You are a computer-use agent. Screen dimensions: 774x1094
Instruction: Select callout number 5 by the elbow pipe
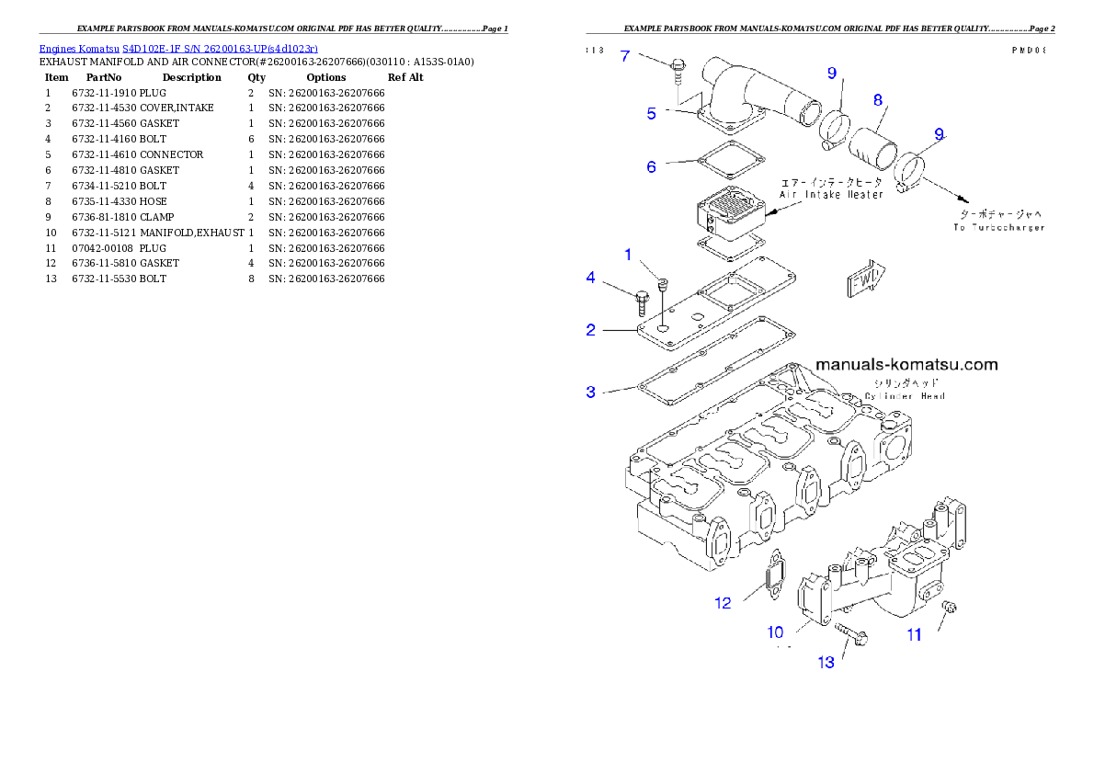(x=651, y=114)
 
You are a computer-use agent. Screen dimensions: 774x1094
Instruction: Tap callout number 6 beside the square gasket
(x=651, y=167)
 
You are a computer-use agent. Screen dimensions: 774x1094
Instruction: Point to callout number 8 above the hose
(x=878, y=99)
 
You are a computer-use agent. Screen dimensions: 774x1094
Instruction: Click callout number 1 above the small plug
(x=629, y=254)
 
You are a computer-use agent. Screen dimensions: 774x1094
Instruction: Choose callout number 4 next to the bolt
(x=591, y=277)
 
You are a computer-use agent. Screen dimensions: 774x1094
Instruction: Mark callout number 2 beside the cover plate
(x=591, y=329)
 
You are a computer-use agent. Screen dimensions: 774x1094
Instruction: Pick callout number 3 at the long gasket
(x=591, y=392)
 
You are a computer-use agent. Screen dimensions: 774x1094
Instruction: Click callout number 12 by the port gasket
(x=724, y=603)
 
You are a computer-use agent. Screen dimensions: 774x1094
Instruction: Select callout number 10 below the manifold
(x=776, y=632)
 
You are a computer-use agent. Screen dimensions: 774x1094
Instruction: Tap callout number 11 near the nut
(x=914, y=634)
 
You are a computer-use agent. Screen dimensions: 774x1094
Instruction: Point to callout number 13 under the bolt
(x=826, y=662)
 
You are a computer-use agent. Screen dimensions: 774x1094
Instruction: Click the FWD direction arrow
(x=865, y=279)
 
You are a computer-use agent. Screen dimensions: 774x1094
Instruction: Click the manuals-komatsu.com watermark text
(x=905, y=365)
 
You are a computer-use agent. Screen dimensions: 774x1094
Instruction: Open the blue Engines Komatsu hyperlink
(x=178, y=48)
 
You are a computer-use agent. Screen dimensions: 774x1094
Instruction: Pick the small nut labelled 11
(x=951, y=607)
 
